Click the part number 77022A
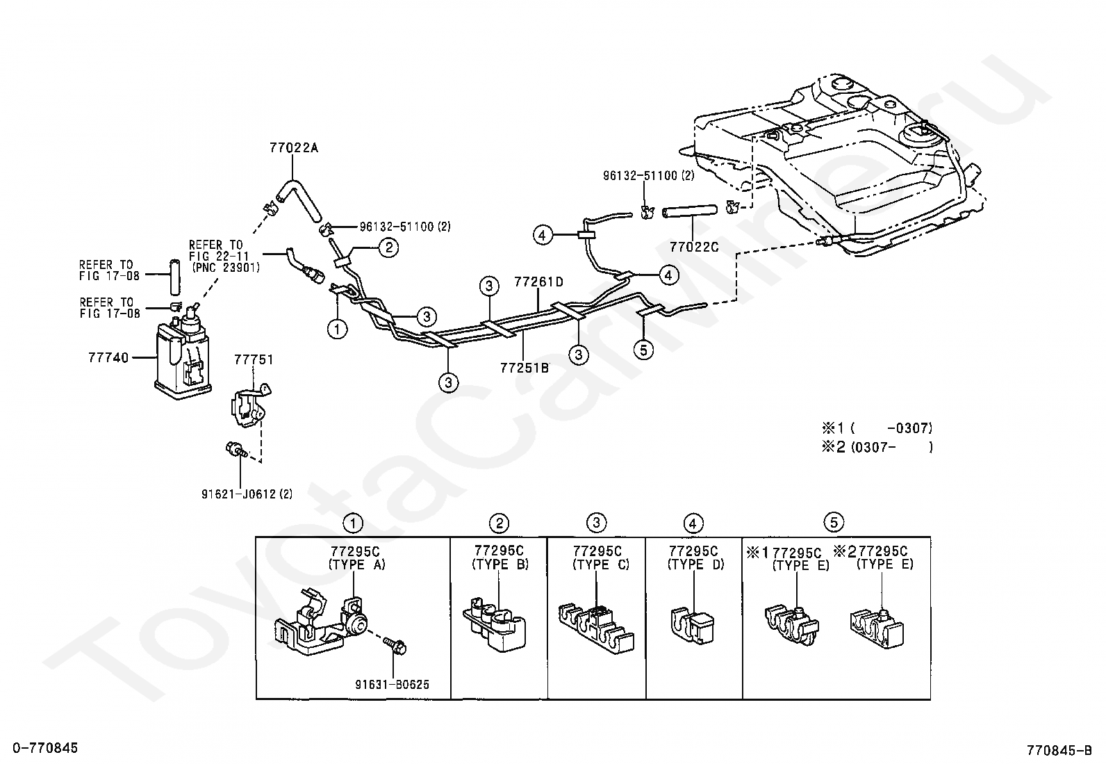pyautogui.click(x=294, y=148)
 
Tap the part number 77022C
pyautogui.click(x=694, y=247)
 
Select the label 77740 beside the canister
pyautogui.click(x=108, y=357)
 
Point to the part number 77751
pyautogui.click(x=254, y=359)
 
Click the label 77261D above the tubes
pyautogui.click(x=538, y=282)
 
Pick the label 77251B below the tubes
pyautogui.click(x=525, y=368)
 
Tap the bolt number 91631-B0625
pyautogui.click(x=392, y=685)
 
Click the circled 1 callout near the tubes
pyautogui.click(x=337, y=329)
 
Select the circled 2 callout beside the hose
pyautogui.click(x=388, y=247)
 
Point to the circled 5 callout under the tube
pyautogui.click(x=643, y=350)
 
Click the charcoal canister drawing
pyautogui.click(x=183, y=355)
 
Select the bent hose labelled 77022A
pyautogui.click(x=299, y=201)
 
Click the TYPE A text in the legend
pyautogui.click(x=356, y=564)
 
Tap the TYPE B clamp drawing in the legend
pyautogui.click(x=495, y=625)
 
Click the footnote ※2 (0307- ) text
pyautogui.click(x=877, y=447)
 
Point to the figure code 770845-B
pyautogui.click(x=1059, y=751)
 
